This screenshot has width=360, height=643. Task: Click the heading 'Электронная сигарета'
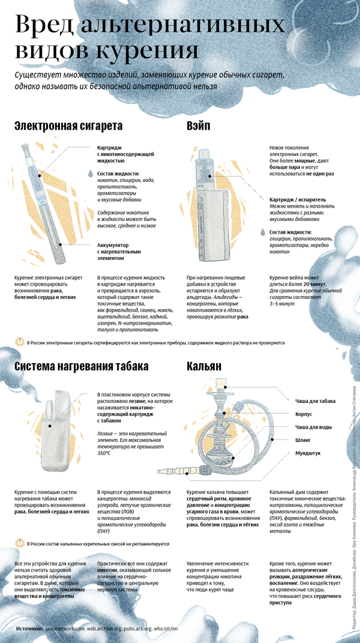point(68,127)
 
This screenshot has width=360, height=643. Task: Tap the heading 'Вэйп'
point(200,127)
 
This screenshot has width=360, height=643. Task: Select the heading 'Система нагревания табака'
point(82,366)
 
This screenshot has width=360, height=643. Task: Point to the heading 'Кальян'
point(204,366)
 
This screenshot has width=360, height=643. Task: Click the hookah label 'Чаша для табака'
point(315,401)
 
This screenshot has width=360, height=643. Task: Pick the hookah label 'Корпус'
point(304,414)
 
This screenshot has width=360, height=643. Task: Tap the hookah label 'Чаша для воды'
point(314,427)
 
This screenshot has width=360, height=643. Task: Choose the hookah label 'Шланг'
point(302,440)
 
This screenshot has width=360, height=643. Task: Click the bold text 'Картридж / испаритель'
point(298,198)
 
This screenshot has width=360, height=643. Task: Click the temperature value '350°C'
point(104,453)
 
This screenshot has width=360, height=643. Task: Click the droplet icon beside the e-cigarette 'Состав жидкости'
point(91,173)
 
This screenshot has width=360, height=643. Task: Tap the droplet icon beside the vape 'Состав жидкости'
point(263,232)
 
